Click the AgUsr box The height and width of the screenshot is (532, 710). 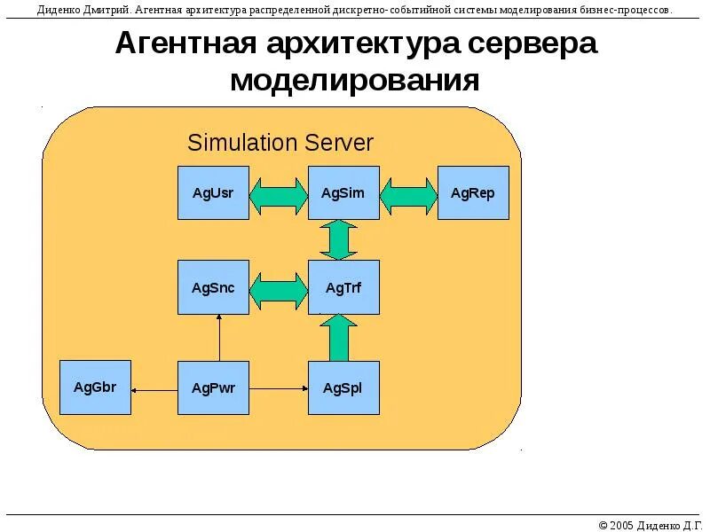(213, 192)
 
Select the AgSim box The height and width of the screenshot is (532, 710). (343, 192)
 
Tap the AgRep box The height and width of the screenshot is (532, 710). (473, 192)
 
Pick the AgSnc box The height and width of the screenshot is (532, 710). (213, 287)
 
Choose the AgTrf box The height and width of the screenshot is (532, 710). (343, 287)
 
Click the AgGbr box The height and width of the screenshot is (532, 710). (95, 387)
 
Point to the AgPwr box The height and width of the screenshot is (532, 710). (213, 387)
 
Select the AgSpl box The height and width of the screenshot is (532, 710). (343, 387)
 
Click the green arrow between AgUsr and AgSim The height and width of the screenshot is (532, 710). (278, 193)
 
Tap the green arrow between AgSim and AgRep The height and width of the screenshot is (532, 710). (409, 193)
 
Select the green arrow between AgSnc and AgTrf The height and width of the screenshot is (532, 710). (278, 288)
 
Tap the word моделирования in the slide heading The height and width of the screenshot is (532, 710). (355, 82)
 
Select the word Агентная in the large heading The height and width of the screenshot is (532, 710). (186, 45)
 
